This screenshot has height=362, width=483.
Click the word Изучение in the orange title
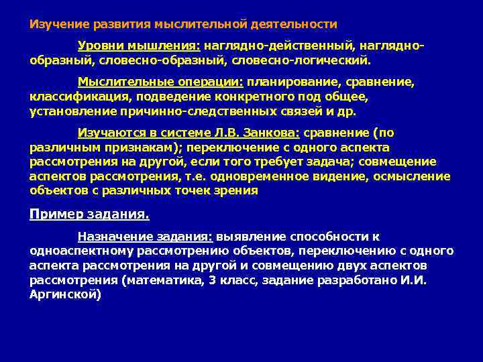pyautogui.click(x=56, y=25)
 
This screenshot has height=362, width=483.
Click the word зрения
pyautogui.click(x=237, y=190)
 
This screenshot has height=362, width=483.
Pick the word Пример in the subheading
pyautogui.click(x=51, y=215)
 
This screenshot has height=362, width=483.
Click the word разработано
pyautogui.click(x=363, y=279)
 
